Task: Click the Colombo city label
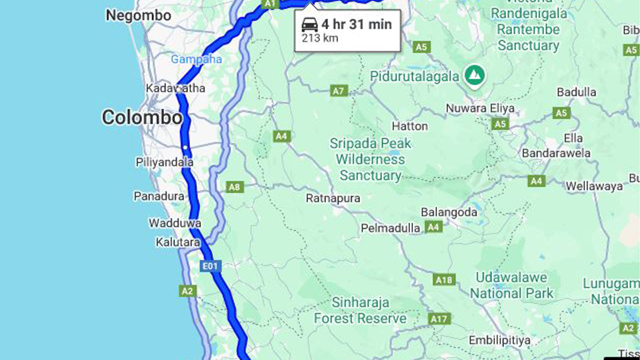[x=142, y=117]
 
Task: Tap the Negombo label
[x=138, y=15]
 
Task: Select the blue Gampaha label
[x=196, y=59]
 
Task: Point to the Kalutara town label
[x=178, y=242]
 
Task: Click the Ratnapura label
[x=332, y=198]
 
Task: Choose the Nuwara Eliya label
[x=480, y=108]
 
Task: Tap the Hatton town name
[x=410, y=126]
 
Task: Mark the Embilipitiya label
[x=499, y=340]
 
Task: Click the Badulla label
[x=576, y=92]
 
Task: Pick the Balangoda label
[x=449, y=212]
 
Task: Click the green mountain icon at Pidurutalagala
[x=474, y=75]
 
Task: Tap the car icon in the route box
[x=310, y=24]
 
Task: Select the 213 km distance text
[x=319, y=38]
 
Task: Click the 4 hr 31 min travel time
[x=356, y=24]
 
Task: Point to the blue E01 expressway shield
[x=210, y=266]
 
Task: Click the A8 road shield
[x=234, y=187]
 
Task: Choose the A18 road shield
[x=443, y=280]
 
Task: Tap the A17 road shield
[x=439, y=318]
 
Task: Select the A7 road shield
[x=339, y=91]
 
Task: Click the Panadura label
[x=159, y=196]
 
